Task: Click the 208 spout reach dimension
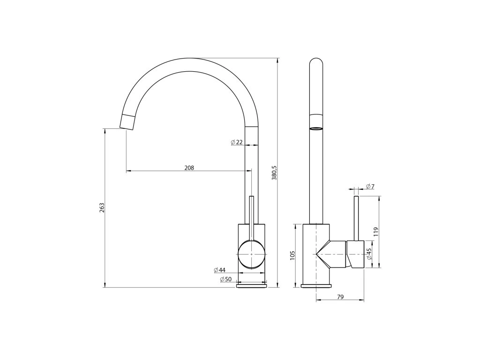click(x=189, y=168)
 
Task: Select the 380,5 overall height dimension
click(x=274, y=172)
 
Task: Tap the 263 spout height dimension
click(x=102, y=208)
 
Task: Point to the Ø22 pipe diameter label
click(x=237, y=142)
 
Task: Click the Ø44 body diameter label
click(x=219, y=270)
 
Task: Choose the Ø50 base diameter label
click(x=225, y=279)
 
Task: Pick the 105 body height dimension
click(x=292, y=255)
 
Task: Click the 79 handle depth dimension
click(x=340, y=297)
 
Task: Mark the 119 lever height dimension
click(x=376, y=232)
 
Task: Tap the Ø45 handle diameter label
click(x=369, y=254)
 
